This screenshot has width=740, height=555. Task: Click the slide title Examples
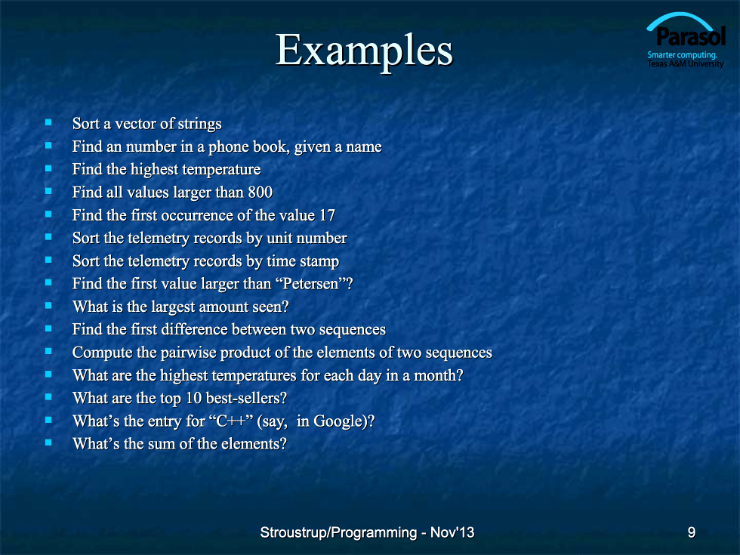364,51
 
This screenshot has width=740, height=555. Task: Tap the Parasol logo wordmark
690,36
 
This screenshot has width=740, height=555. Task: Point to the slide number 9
692,532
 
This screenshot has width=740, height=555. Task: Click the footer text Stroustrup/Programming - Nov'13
367,532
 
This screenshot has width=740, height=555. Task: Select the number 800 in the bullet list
260,192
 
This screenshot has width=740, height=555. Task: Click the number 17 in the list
327,215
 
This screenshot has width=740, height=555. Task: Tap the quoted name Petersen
310,284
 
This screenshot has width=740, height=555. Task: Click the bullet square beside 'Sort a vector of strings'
48,122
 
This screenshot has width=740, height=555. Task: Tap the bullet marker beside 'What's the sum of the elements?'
48,442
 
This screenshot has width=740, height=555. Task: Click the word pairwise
188,353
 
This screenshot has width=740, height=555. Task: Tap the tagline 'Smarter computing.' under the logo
682,55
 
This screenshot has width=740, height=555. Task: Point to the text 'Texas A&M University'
686,64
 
